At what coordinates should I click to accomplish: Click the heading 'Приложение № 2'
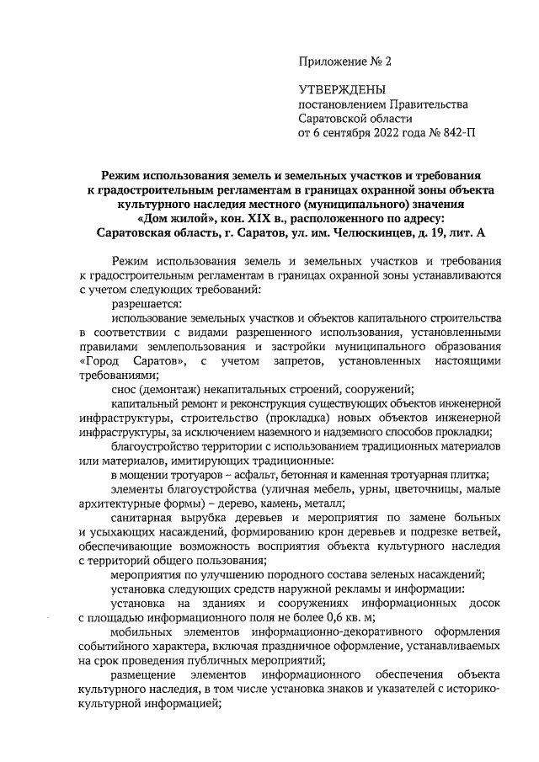point(345,61)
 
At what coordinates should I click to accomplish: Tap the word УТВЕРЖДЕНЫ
point(343,89)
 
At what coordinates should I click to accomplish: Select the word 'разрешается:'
point(146,302)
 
